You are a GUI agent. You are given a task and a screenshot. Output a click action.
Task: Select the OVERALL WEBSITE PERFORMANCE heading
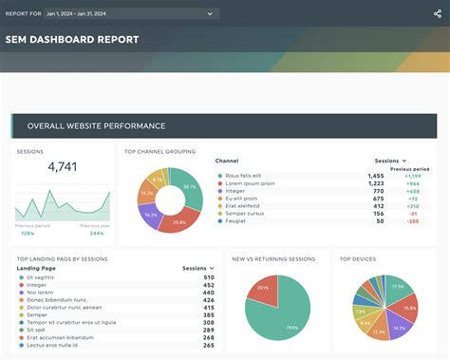96,125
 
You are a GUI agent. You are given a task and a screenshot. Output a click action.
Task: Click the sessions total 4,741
63,167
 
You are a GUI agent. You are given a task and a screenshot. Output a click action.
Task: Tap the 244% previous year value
96,232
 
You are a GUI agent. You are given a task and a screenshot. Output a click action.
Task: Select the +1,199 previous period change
411,176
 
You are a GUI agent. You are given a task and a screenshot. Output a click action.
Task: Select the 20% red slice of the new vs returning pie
262,288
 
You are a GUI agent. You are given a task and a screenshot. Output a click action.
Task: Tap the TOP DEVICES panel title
359,257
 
